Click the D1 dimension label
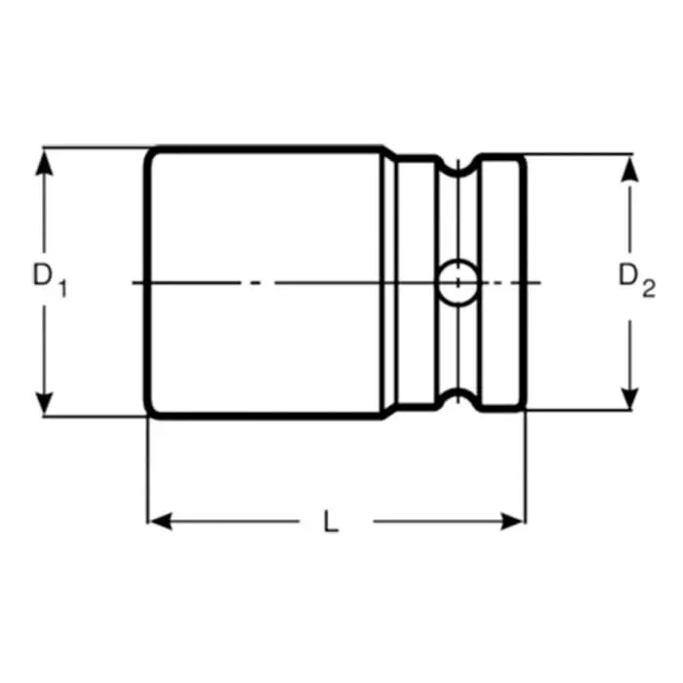pyautogui.click(x=49, y=281)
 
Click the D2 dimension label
pyautogui.click(x=635, y=281)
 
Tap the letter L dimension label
pyautogui.click(x=332, y=522)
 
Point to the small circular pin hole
pyautogui.click(x=455, y=282)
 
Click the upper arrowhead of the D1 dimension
pyautogui.click(x=43, y=160)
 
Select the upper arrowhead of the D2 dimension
pyautogui.click(x=630, y=167)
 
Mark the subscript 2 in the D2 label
pyautogui.click(x=648, y=289)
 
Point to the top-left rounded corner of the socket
pyautogui.click(x=151, y=153)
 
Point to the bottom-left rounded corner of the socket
pyautogui.click(x=151, y=412)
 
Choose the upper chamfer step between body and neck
pyautogui.click(x=389, y=154)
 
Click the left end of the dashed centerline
pyautogui.click(x=134, y=283)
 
